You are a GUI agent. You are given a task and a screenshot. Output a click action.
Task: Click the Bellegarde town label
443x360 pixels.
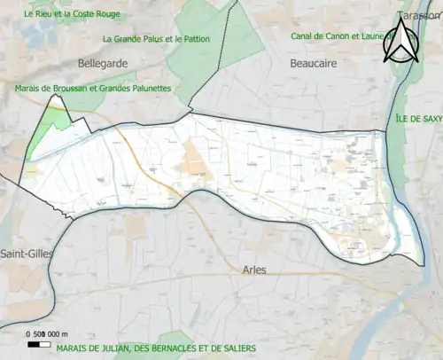coord(103,64)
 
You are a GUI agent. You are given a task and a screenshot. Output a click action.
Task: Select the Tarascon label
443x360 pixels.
coord(419,15)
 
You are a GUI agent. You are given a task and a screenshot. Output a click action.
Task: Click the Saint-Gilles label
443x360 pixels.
coord(27,254)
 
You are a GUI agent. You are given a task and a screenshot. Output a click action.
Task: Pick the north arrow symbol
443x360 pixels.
coord(403,42)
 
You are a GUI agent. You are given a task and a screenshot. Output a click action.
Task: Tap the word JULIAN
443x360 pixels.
coord(109,348)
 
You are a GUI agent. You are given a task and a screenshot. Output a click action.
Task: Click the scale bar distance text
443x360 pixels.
coord(44,332)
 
